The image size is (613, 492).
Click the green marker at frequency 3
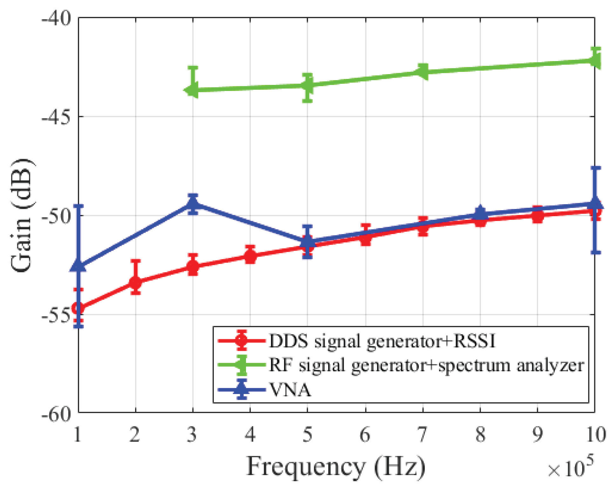192,90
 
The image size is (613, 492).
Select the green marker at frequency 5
307,85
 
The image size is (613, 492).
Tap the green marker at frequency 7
423,71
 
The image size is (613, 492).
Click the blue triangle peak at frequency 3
193,202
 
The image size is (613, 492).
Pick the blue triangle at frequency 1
78,266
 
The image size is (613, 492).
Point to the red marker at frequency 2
136,282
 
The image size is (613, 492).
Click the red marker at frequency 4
250,256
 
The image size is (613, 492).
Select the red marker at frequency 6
366,237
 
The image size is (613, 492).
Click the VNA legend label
290,390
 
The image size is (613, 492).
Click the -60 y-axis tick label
56,413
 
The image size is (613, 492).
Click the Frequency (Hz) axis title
336,466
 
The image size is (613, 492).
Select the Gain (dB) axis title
22,216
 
